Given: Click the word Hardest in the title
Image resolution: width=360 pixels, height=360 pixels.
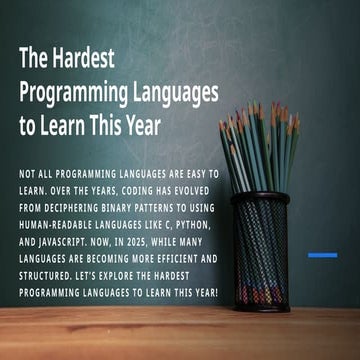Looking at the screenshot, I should click(x=82, y=58).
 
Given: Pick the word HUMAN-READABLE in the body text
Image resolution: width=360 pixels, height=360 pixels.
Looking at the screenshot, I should click(x=62, y=227).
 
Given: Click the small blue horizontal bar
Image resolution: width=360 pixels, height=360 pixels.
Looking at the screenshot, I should click(x=321, y=255).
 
